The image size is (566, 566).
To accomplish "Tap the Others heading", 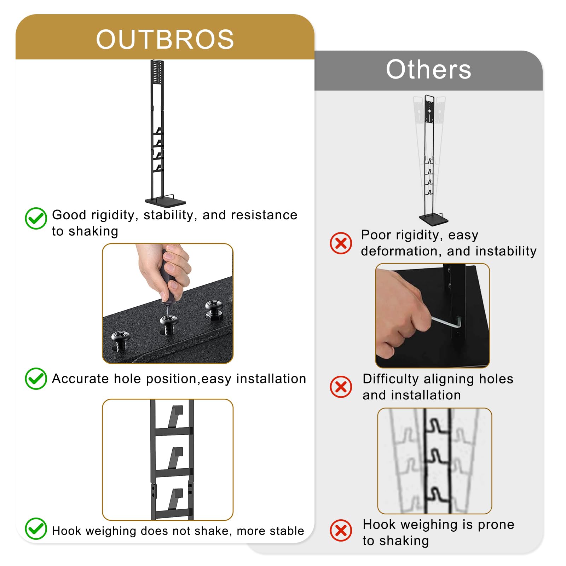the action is tap(428, 69).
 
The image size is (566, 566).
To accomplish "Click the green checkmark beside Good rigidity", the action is tap(36, 218).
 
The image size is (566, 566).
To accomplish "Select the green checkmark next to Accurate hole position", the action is tap(36, 379).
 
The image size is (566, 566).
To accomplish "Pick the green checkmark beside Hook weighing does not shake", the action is tap(36, 529).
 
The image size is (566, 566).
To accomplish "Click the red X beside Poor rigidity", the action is tap(341, 243).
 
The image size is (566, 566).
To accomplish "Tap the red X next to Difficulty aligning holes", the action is tap(341, 387).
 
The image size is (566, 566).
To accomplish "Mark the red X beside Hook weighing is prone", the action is tap(341, 530).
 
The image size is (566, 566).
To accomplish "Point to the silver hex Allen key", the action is tap(446, 322).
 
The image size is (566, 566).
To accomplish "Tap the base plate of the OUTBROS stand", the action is tap(165, 202).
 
